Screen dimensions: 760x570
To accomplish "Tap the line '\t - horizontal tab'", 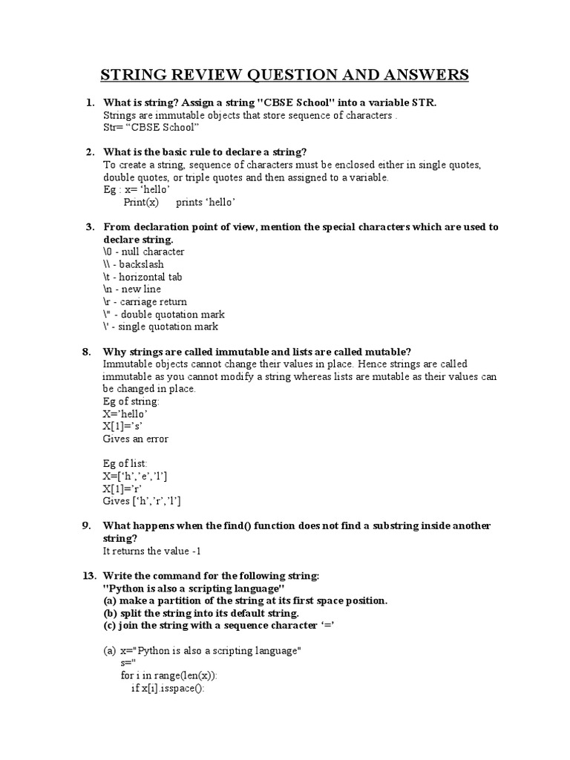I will coord(142,277).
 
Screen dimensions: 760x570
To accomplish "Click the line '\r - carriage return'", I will coord(145,302).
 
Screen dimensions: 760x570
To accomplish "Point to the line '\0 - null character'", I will coord(144,252).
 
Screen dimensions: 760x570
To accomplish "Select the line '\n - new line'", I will coord(132,289).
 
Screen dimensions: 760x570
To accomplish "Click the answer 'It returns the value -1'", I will coord(152,551).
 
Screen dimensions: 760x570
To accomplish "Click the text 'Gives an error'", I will coord(136,439).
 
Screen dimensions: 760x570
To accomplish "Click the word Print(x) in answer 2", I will coord(141,202).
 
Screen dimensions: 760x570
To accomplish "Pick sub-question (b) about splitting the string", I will coord(200,613).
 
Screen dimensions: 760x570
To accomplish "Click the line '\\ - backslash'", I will coord(134,264).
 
